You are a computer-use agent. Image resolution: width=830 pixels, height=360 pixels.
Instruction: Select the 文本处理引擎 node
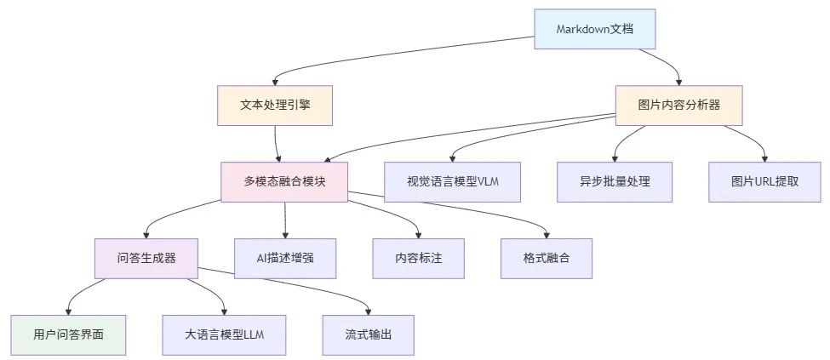click(273, 106)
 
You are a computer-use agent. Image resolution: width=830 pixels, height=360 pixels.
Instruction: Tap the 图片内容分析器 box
click(678, 106)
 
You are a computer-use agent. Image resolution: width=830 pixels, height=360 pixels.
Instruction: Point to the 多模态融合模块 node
click(284, 182)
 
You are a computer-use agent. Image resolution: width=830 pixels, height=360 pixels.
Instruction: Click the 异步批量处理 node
click(615, 182)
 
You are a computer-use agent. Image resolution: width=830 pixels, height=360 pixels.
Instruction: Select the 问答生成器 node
click(146, 258)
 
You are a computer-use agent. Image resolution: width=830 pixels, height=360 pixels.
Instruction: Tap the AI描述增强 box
click(284, 258)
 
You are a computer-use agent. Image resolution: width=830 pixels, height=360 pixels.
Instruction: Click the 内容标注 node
click(419, 258)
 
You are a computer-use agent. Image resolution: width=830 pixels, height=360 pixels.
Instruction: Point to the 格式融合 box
click(546, 258)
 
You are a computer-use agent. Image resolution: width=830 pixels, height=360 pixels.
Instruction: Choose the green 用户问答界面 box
click(68, 334)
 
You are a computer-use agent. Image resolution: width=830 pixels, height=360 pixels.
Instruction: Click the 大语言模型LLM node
click(224, 334)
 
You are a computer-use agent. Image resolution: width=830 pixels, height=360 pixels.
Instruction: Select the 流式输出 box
click(369, 334)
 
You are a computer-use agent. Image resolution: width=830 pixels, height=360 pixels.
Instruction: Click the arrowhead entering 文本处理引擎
click(273, 82)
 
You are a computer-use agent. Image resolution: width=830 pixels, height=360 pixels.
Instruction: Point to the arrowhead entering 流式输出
click(369, 311)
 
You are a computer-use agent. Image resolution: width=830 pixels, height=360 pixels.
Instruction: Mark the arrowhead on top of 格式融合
click(546, 234)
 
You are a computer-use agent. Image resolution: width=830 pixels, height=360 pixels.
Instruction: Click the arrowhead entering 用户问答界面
click(68, 311)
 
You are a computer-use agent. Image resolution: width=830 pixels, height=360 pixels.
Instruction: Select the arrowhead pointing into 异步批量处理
click(615, 158)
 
